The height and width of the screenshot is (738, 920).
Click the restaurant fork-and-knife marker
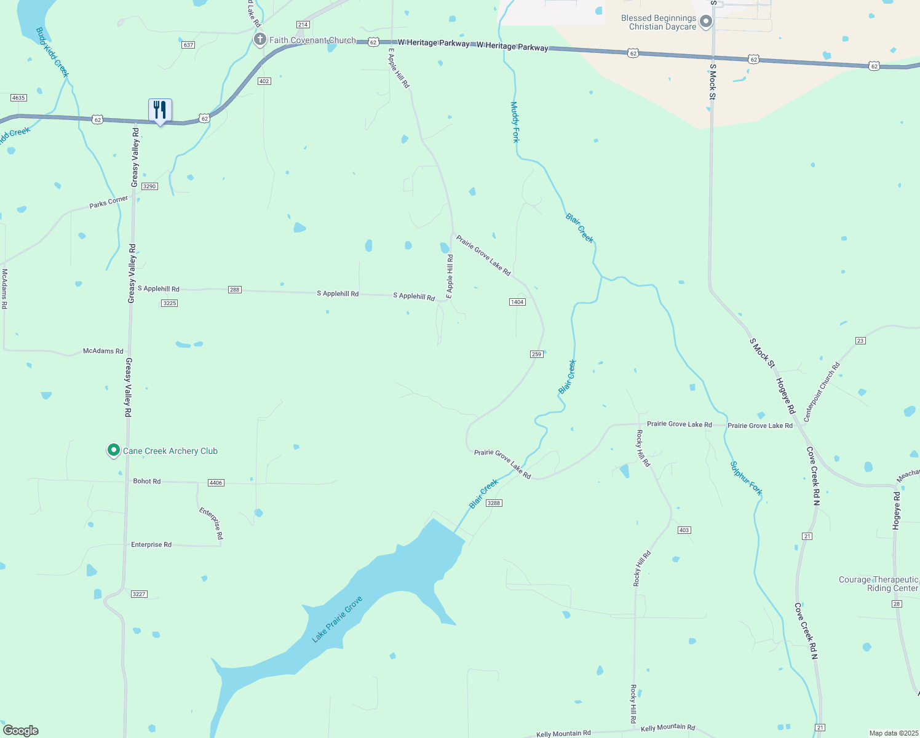click(160, 111)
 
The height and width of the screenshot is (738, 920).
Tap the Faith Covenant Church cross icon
click(260, 40)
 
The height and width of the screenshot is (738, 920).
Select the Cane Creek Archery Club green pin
click(113, 451)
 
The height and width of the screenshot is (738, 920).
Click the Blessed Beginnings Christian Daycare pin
click(706, 23)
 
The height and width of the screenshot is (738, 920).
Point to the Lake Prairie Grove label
click(337, 619)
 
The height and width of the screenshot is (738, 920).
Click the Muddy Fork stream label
click(515, 122)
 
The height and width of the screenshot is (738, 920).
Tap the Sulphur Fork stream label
click(746, 478)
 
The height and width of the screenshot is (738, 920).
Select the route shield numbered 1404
click(517, 302)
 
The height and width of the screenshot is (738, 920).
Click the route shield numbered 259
click(536, 354)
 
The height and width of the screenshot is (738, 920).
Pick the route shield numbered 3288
click(494, 503)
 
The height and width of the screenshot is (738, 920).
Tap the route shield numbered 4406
click(216, 483)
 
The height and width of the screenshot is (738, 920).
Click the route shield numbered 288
click(234, 290)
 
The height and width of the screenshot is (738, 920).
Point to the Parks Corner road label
click(109, 202)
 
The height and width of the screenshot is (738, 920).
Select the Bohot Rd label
click(147, 481)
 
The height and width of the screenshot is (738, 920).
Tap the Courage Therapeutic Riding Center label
click(878, 584)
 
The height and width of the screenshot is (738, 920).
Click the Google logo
click(21, 730)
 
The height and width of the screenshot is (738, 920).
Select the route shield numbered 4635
click(18, 98)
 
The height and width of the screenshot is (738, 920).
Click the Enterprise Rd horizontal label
click(151, 545)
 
